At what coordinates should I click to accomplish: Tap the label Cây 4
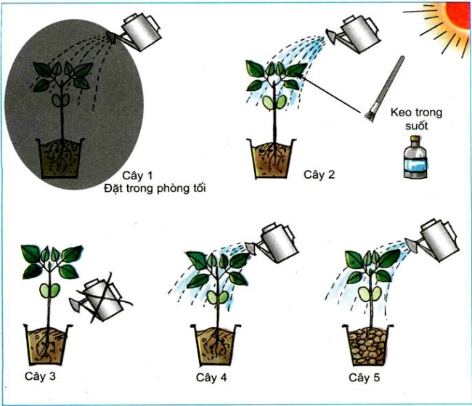tap(211, 378)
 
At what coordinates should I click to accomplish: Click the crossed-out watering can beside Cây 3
tap(101, 297)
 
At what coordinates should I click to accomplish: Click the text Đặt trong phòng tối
tap(155, 190)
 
